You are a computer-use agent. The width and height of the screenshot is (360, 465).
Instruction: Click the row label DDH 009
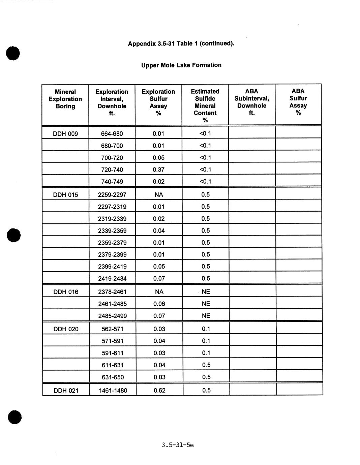pyautogui.click(x=65, y=134)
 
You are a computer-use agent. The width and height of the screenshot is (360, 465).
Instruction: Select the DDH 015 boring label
pyautogui.click(x=65, y=195)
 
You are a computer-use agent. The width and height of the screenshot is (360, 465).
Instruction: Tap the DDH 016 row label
pyautogui.click(x=66, y=292)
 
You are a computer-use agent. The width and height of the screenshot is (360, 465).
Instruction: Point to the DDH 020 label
pyautogui.click(x=66, y=329)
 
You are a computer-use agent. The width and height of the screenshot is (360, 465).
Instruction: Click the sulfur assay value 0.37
pyautogui.click(x=158, y=169)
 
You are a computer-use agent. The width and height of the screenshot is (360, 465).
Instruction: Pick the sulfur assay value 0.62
pyautogui.click(x=159, y=391)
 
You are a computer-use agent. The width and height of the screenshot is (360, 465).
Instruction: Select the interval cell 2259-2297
pyautogui.click(x=112, y=195)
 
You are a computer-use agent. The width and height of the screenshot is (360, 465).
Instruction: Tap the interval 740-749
pyautogui.click(x=112, y=182)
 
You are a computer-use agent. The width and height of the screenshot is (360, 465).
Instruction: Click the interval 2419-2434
pyautogui.click(x=112, y=279)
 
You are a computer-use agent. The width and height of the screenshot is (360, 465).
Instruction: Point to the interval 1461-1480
pyautogui.click(x=113, y=391)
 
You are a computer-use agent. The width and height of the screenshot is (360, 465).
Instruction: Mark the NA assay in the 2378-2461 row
pyautogui.click(x=159, y=292)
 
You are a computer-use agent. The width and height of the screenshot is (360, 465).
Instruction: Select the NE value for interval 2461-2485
pyautogui.click(x=206, y=304)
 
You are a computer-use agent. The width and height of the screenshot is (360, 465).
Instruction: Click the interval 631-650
pyautogui.click(x=113, y=377)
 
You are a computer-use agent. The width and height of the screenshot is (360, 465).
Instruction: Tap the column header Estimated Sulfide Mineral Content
pyautogui.click(x=205, y=105)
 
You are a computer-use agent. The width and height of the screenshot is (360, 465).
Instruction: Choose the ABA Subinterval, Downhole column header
pyautogui.click(x=251, y=102)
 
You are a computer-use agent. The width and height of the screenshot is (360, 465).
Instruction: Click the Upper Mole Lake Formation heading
pyautogui.click(x=181, y=65)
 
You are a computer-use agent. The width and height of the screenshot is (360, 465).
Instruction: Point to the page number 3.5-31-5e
pyautogui.click(x=178, y=445)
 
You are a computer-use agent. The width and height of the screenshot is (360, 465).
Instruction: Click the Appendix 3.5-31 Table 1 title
pyautogui.click(x=181, y=43)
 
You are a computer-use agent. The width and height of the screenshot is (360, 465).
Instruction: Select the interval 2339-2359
pyautogui.click(x=112, y=231)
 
